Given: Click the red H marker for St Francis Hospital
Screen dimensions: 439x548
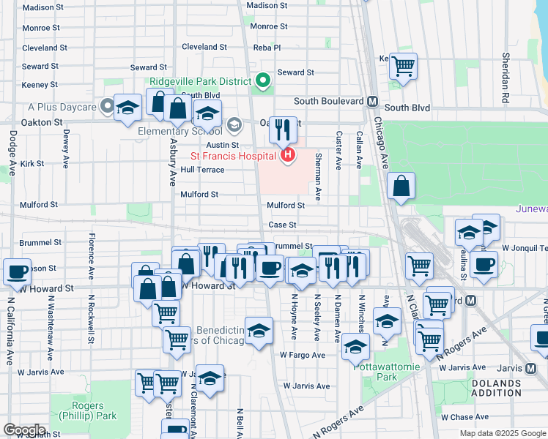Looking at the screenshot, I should [x=288, y=155].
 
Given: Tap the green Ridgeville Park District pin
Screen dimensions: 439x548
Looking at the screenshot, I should [x=263, y=81].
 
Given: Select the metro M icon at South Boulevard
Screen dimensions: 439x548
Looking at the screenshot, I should [x=372, y=101].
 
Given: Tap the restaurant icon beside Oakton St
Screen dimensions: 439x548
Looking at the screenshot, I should [x=283, y=130].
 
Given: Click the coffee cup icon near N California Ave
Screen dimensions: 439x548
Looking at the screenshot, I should [x=16, y=271].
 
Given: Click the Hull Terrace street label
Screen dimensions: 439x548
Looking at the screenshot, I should [x=202, y=170].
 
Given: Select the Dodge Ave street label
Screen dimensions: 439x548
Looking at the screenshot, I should [x=12, y=153].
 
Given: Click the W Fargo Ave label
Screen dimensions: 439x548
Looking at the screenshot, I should [x=302, y=355].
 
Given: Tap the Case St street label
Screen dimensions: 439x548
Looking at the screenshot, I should [x=282, y=225].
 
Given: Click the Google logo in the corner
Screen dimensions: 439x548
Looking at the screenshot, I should [x=24, y=430].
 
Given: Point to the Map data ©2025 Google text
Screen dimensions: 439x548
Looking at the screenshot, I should [x=503, y=433].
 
